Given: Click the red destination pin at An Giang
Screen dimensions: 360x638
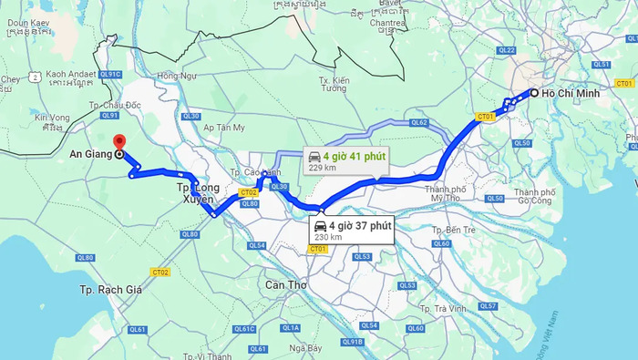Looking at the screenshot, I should pyautogui.click(x=118, y=142).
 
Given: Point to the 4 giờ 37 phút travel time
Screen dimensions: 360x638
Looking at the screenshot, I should pyautogui.click(x=360, y=225).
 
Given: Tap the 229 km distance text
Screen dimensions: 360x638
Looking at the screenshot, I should pyautogui.click(x=323, y=168).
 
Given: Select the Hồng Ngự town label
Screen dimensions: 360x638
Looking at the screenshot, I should pyautogui.click(x=177, y=76).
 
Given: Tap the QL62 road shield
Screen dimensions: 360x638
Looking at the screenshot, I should pyautogui.click(x=418, y=122).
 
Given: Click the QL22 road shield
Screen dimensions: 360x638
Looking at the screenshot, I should pyautogui.click(x=507, y=51).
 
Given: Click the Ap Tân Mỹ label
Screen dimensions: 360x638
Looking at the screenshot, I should pyautogui.click(x=223, y=128).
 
